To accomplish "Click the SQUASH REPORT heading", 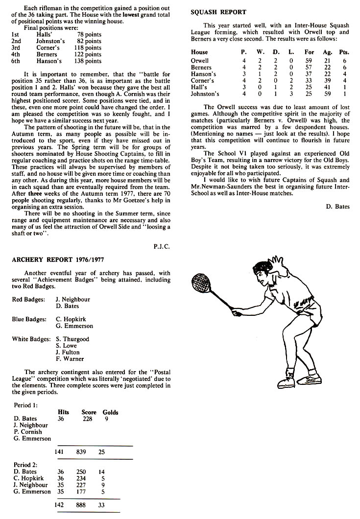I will click(218, 12).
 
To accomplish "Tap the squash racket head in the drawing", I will click(200, 283).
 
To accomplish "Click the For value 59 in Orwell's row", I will click(308, 61).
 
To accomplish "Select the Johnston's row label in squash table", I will click(205, 94).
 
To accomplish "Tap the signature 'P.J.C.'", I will click(162, 246).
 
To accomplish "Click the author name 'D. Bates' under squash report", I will click(337, 207).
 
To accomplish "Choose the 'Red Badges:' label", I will click(28, 299).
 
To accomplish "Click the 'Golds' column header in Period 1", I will click(110, 412).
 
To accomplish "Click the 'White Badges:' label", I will click(31, 339).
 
